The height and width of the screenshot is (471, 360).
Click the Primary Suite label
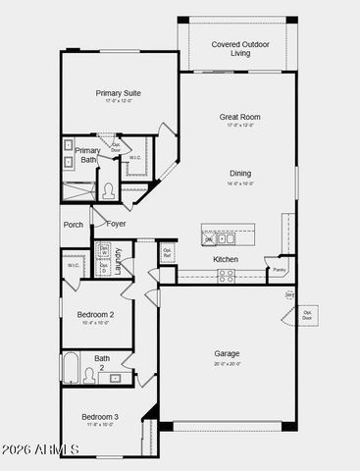[x=119, y=93]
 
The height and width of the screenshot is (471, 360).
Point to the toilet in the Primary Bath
[x=109, y=191]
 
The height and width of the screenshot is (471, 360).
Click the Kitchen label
[x=226, y=259]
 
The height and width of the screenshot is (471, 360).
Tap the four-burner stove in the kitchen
[x=226, y=277]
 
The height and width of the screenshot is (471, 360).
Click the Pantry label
[x=280, y=269]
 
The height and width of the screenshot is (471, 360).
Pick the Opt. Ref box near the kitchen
[x=167, y=251]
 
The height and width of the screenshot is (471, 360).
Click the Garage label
[x=227, y=353]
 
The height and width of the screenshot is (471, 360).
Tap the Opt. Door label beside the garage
[x=307, y=315]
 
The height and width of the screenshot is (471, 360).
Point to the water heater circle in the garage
[x=289, y=294]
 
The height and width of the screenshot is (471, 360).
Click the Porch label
[x=74, y=225]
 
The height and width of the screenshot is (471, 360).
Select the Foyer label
[x=116, y=224]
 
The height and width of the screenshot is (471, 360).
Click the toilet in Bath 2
[x=89, y=375]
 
